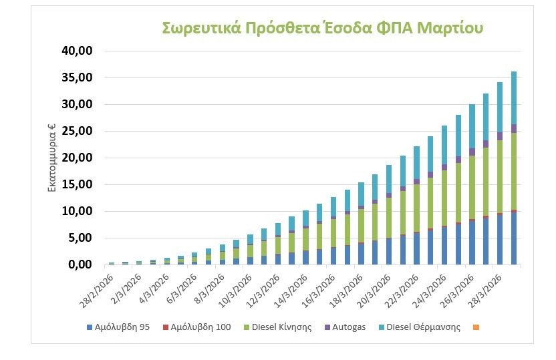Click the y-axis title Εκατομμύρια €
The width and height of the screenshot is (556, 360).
pyautogui.click(x=51, y=157)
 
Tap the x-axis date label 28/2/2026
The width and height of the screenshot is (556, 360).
pyautogui.click(x=95, y=289)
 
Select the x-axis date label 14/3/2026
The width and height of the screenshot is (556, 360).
pyautogui.click(x=289, y=289)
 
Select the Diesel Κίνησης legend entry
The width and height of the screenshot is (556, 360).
pyautogui.click(x=282, y=327)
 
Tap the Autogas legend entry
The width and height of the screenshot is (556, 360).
pyautogui.click(x=348, y=327)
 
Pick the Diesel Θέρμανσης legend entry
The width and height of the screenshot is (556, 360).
pyautogui.click(x=420, y=327)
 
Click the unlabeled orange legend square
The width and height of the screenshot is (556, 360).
pyautogui.click(x=476, y=327)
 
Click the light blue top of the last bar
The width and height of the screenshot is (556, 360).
pyautogui.click(x=514, y=98)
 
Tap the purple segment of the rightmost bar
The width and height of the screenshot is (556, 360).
pyautogui.click(x=514, y=128)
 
